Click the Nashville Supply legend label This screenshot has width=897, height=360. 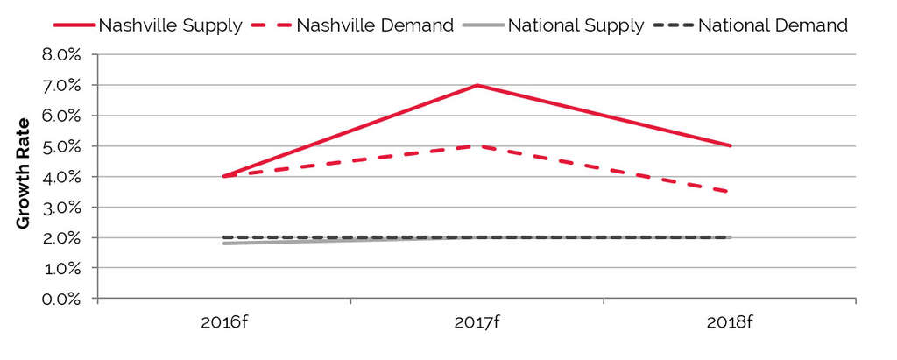(x=170, y=25)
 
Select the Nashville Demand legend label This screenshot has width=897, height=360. (x=375, y=25)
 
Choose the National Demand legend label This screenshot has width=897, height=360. (x=773, y=25)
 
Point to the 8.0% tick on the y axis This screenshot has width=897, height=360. (x=61, y=55)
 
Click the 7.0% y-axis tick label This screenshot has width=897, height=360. (x=61, y=86)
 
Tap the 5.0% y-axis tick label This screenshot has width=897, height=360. (x=61, y=146)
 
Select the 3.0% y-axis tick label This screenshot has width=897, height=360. (x=61, y=208)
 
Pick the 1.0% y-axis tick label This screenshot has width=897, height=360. (x=61, y=268)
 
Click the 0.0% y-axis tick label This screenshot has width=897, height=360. (x=61, y=299)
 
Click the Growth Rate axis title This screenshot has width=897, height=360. (x=24, y=173)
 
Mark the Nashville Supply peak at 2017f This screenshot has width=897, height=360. (x=477, y=85)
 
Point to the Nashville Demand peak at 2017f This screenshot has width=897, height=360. (x=477, y=146)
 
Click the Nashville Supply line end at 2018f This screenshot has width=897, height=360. (x=730, y=146)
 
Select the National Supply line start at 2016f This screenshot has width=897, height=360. (x=224, y=244)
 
